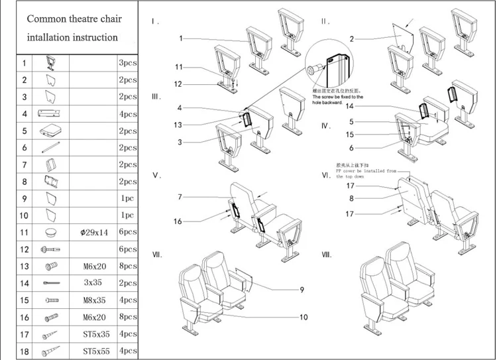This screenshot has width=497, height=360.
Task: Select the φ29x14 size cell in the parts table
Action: click(93, 233)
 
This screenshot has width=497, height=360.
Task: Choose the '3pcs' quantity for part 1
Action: click(127, 63)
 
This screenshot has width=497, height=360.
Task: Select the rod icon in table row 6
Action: click(50, 148)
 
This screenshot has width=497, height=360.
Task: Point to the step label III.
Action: click(156, 97)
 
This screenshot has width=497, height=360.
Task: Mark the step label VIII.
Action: click(326, 255)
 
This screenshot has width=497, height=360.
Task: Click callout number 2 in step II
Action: click(352, 39)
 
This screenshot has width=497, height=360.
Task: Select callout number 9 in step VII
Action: click(302, 289)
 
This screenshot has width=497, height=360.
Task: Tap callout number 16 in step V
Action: click(178, 221)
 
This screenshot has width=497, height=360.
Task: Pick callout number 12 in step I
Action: click(178, 84)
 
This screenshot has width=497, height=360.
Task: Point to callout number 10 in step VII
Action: click(304, 317)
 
